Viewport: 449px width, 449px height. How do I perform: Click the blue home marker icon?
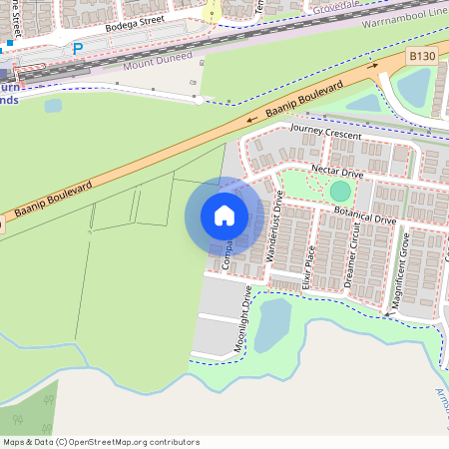[x=224, y=215]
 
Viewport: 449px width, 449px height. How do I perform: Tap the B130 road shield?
[x=421, y=60]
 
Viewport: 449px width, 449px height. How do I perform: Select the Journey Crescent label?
[x=324, y=132]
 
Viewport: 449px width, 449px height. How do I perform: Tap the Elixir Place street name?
[x=310, y=266]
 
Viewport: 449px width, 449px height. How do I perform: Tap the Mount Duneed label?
[x=155, y=64]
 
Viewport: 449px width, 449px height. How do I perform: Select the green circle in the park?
[x=340, y=191]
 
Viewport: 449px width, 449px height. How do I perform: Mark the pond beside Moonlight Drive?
[x=271, y=324]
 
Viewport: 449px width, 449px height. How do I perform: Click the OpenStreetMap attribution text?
[x=101, y=442]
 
